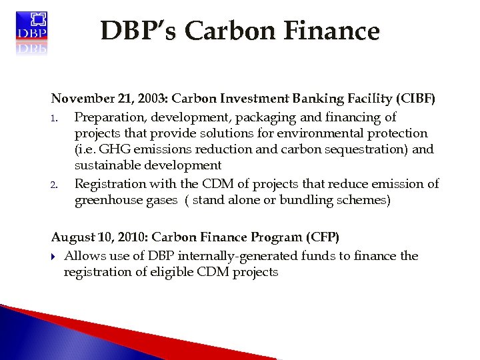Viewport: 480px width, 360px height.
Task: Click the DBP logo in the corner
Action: [x=31, y=31]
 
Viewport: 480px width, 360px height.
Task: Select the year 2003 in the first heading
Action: [x=150, y=99]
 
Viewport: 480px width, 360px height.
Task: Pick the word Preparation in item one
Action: [x=109, y=117]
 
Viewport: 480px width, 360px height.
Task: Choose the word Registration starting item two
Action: [x=110, y=183]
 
